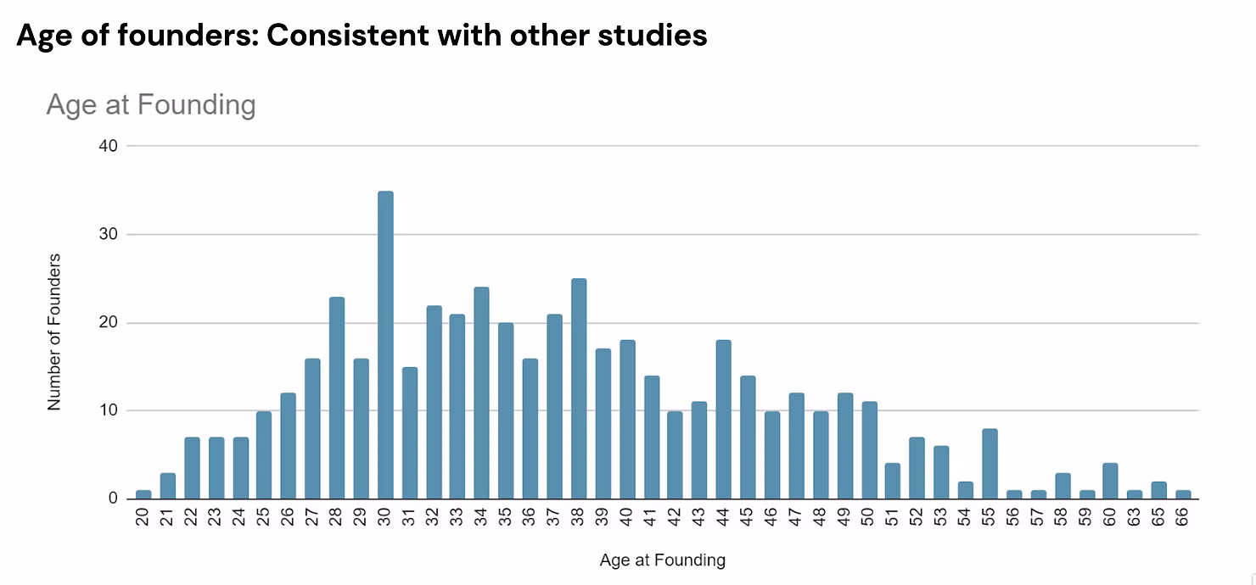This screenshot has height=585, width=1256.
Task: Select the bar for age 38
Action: (579, 389)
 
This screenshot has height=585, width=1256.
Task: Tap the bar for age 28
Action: (337, 398)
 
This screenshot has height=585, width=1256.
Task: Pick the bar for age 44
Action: (724, 420)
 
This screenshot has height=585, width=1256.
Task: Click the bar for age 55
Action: (990, 464)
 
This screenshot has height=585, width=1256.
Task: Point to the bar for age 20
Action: (143, 494)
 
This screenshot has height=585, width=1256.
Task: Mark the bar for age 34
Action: (482, 393)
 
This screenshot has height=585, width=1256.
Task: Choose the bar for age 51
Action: (893, 482)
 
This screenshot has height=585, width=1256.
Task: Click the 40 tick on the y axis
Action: (108, 146)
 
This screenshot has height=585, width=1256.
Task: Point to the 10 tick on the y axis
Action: (108, 411)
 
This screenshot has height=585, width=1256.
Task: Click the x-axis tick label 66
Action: (1184, 516)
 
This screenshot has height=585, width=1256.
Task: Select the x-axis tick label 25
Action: (265, 516)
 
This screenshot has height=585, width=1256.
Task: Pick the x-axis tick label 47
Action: (796, 516)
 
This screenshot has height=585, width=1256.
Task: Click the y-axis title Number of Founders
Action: (54, 331)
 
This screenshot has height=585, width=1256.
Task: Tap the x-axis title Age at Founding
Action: (662, 560)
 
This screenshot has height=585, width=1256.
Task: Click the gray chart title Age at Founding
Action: (150, 105)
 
